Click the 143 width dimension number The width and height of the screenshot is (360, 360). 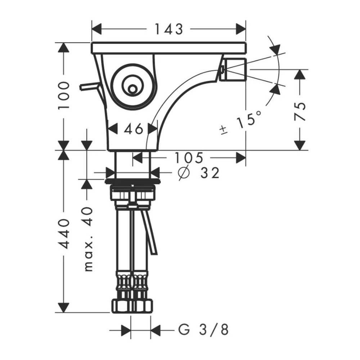(169, 29)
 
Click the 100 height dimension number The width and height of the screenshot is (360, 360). (64, 95)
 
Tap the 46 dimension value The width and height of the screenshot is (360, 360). (134, 129)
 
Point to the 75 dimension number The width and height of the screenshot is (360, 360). (300, 112)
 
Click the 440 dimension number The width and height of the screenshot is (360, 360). (64, 234)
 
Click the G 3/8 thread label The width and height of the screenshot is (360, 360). (204, 330)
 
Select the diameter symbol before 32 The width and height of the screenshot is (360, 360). (184, 173)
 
